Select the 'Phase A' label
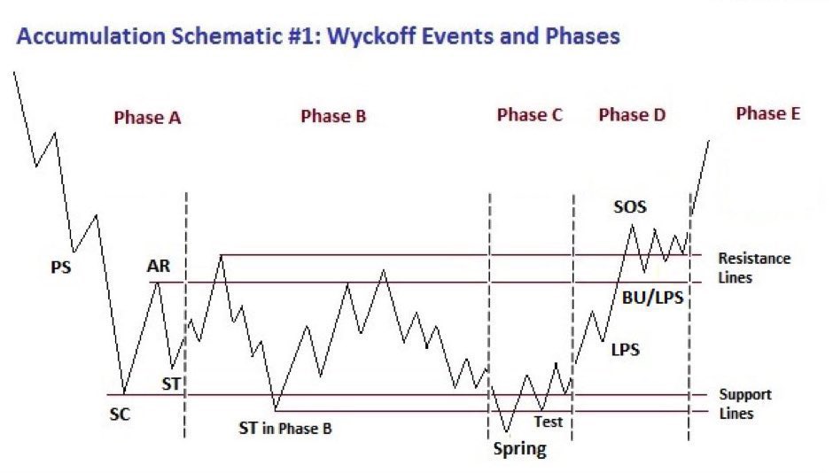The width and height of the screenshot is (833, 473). pos(147,117)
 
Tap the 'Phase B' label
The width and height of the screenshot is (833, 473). pos(333,116)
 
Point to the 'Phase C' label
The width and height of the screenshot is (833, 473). pos(529,115)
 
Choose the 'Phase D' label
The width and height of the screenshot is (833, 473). pos(632,115)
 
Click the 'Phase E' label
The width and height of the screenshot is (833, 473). pos(768,113)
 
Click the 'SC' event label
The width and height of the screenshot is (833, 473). pos(120,413)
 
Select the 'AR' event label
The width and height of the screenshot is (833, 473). pos(160,266)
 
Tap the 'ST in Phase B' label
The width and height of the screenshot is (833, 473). pos(284,429)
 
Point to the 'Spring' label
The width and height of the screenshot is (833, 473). pos(519,449)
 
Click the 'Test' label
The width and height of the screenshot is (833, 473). pos(548,422)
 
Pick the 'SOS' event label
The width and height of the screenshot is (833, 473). pos(630,207)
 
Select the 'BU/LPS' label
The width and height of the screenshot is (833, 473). pos(652,299)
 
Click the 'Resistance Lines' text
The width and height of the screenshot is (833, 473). pos(753,268)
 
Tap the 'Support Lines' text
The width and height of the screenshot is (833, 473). pos(744,404)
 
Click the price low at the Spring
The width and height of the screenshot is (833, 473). pos(507,431)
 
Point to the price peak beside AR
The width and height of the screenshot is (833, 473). pos(157,282)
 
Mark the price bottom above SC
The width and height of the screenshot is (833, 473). pos(124,393)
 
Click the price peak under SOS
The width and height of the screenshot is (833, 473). pos(632,226)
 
